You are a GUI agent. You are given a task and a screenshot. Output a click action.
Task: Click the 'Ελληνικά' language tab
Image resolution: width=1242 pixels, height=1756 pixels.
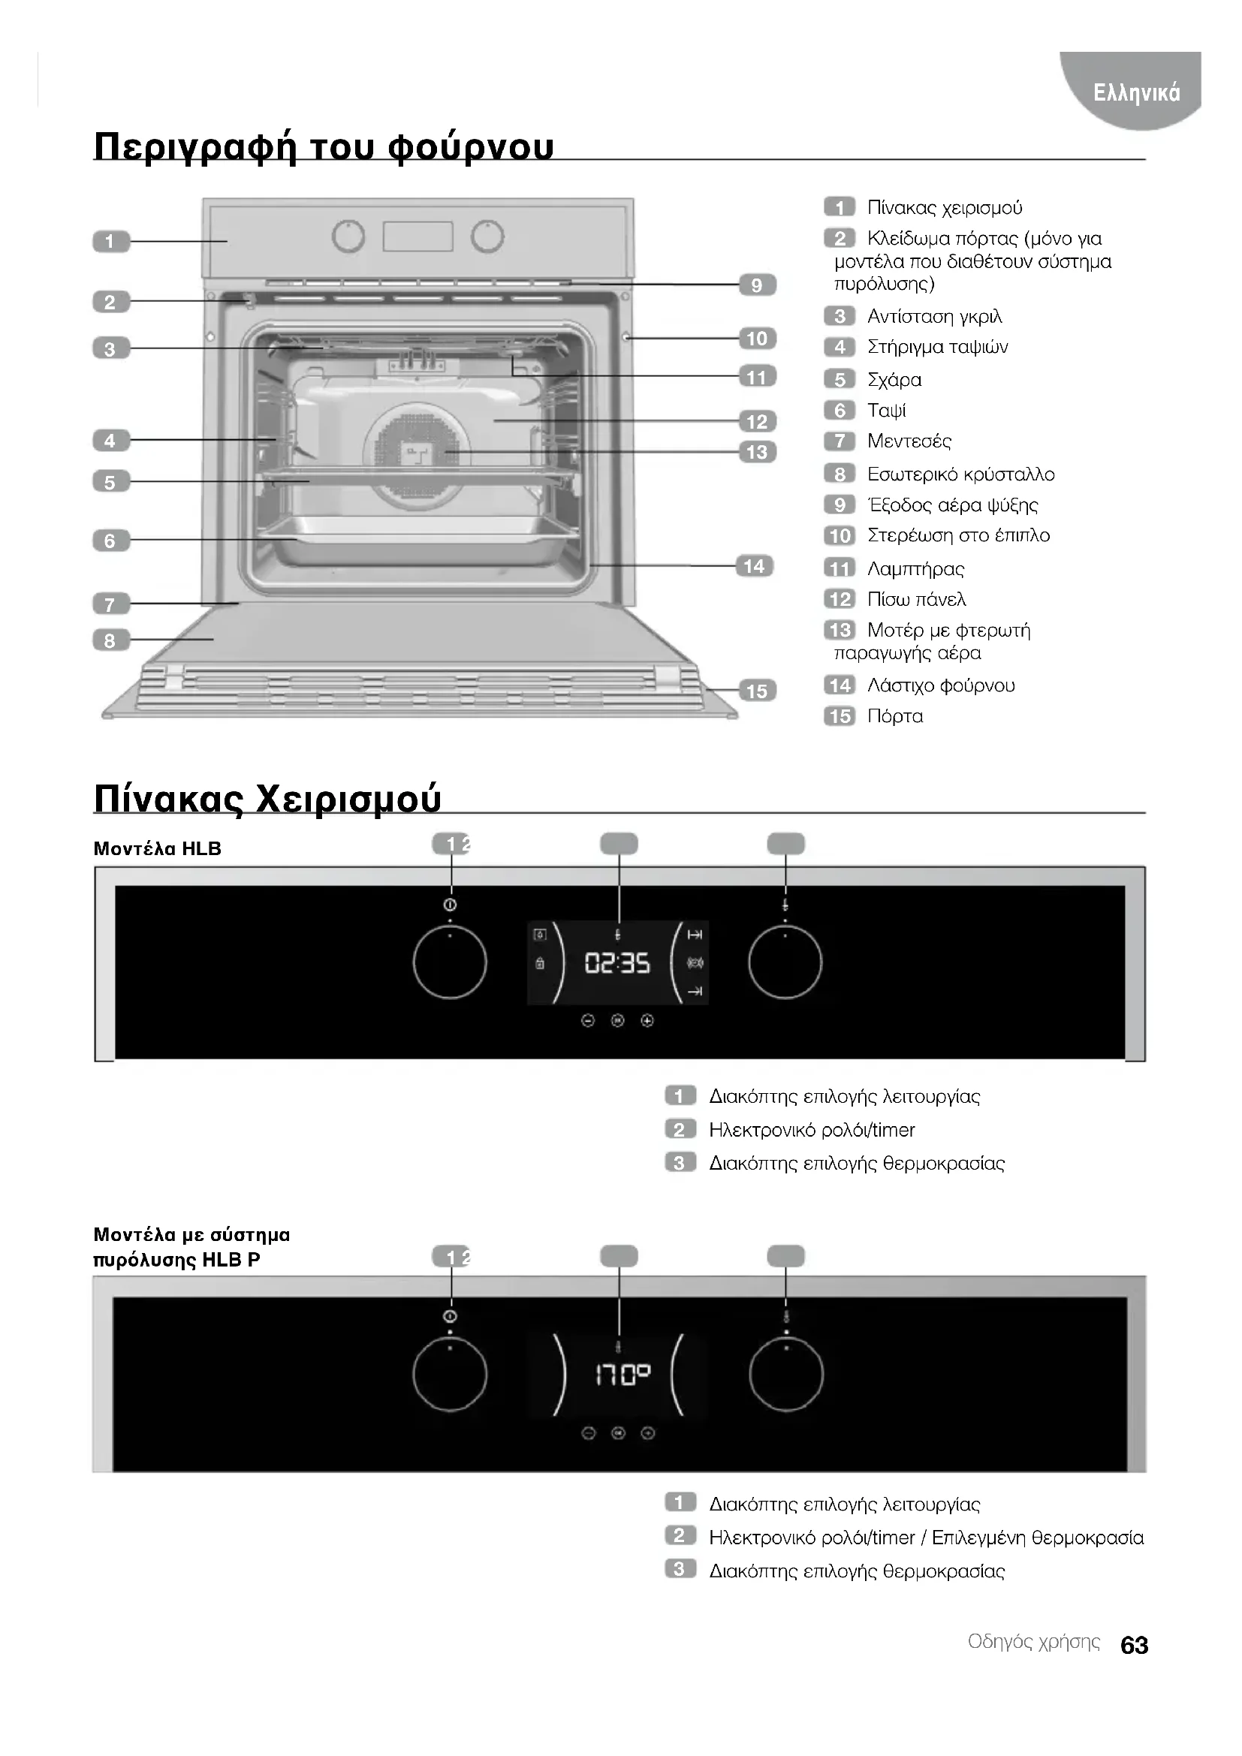point(1136,92)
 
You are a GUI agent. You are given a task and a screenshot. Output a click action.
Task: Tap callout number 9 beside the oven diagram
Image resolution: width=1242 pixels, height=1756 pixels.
point(757,285)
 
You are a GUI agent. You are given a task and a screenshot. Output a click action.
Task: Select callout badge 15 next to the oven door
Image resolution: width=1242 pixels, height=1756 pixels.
point(757,691)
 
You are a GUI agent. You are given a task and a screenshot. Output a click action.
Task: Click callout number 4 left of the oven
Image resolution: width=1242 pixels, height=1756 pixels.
point(110,441)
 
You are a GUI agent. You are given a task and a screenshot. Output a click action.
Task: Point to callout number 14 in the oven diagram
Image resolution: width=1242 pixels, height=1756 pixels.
point(754,566)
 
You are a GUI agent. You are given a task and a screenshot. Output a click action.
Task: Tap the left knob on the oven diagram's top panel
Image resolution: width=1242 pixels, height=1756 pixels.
point(348,236)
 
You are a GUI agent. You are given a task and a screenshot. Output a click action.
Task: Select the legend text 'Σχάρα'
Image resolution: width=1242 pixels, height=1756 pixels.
point(894,379)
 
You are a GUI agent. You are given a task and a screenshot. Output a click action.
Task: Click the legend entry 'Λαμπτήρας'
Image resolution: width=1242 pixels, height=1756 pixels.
point(915,568)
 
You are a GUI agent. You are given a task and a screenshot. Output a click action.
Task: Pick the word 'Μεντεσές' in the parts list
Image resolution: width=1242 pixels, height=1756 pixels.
point(909,441)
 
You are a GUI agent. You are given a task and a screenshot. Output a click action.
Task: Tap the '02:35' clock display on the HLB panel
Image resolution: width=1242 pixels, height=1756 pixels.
point(617,963)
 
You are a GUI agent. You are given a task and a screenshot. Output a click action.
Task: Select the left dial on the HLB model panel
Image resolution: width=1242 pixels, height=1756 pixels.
point(450,962)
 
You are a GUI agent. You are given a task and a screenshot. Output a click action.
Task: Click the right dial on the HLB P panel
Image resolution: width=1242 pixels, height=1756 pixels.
point(786,1375)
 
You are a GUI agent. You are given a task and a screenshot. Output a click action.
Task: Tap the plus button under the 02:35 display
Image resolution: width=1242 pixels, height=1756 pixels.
point(647,1020)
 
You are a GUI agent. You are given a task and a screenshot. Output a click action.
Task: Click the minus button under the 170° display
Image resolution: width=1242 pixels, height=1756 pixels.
point(588,1433)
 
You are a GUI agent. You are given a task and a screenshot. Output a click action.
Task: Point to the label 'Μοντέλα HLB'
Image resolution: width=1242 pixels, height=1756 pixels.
point(157,848)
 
